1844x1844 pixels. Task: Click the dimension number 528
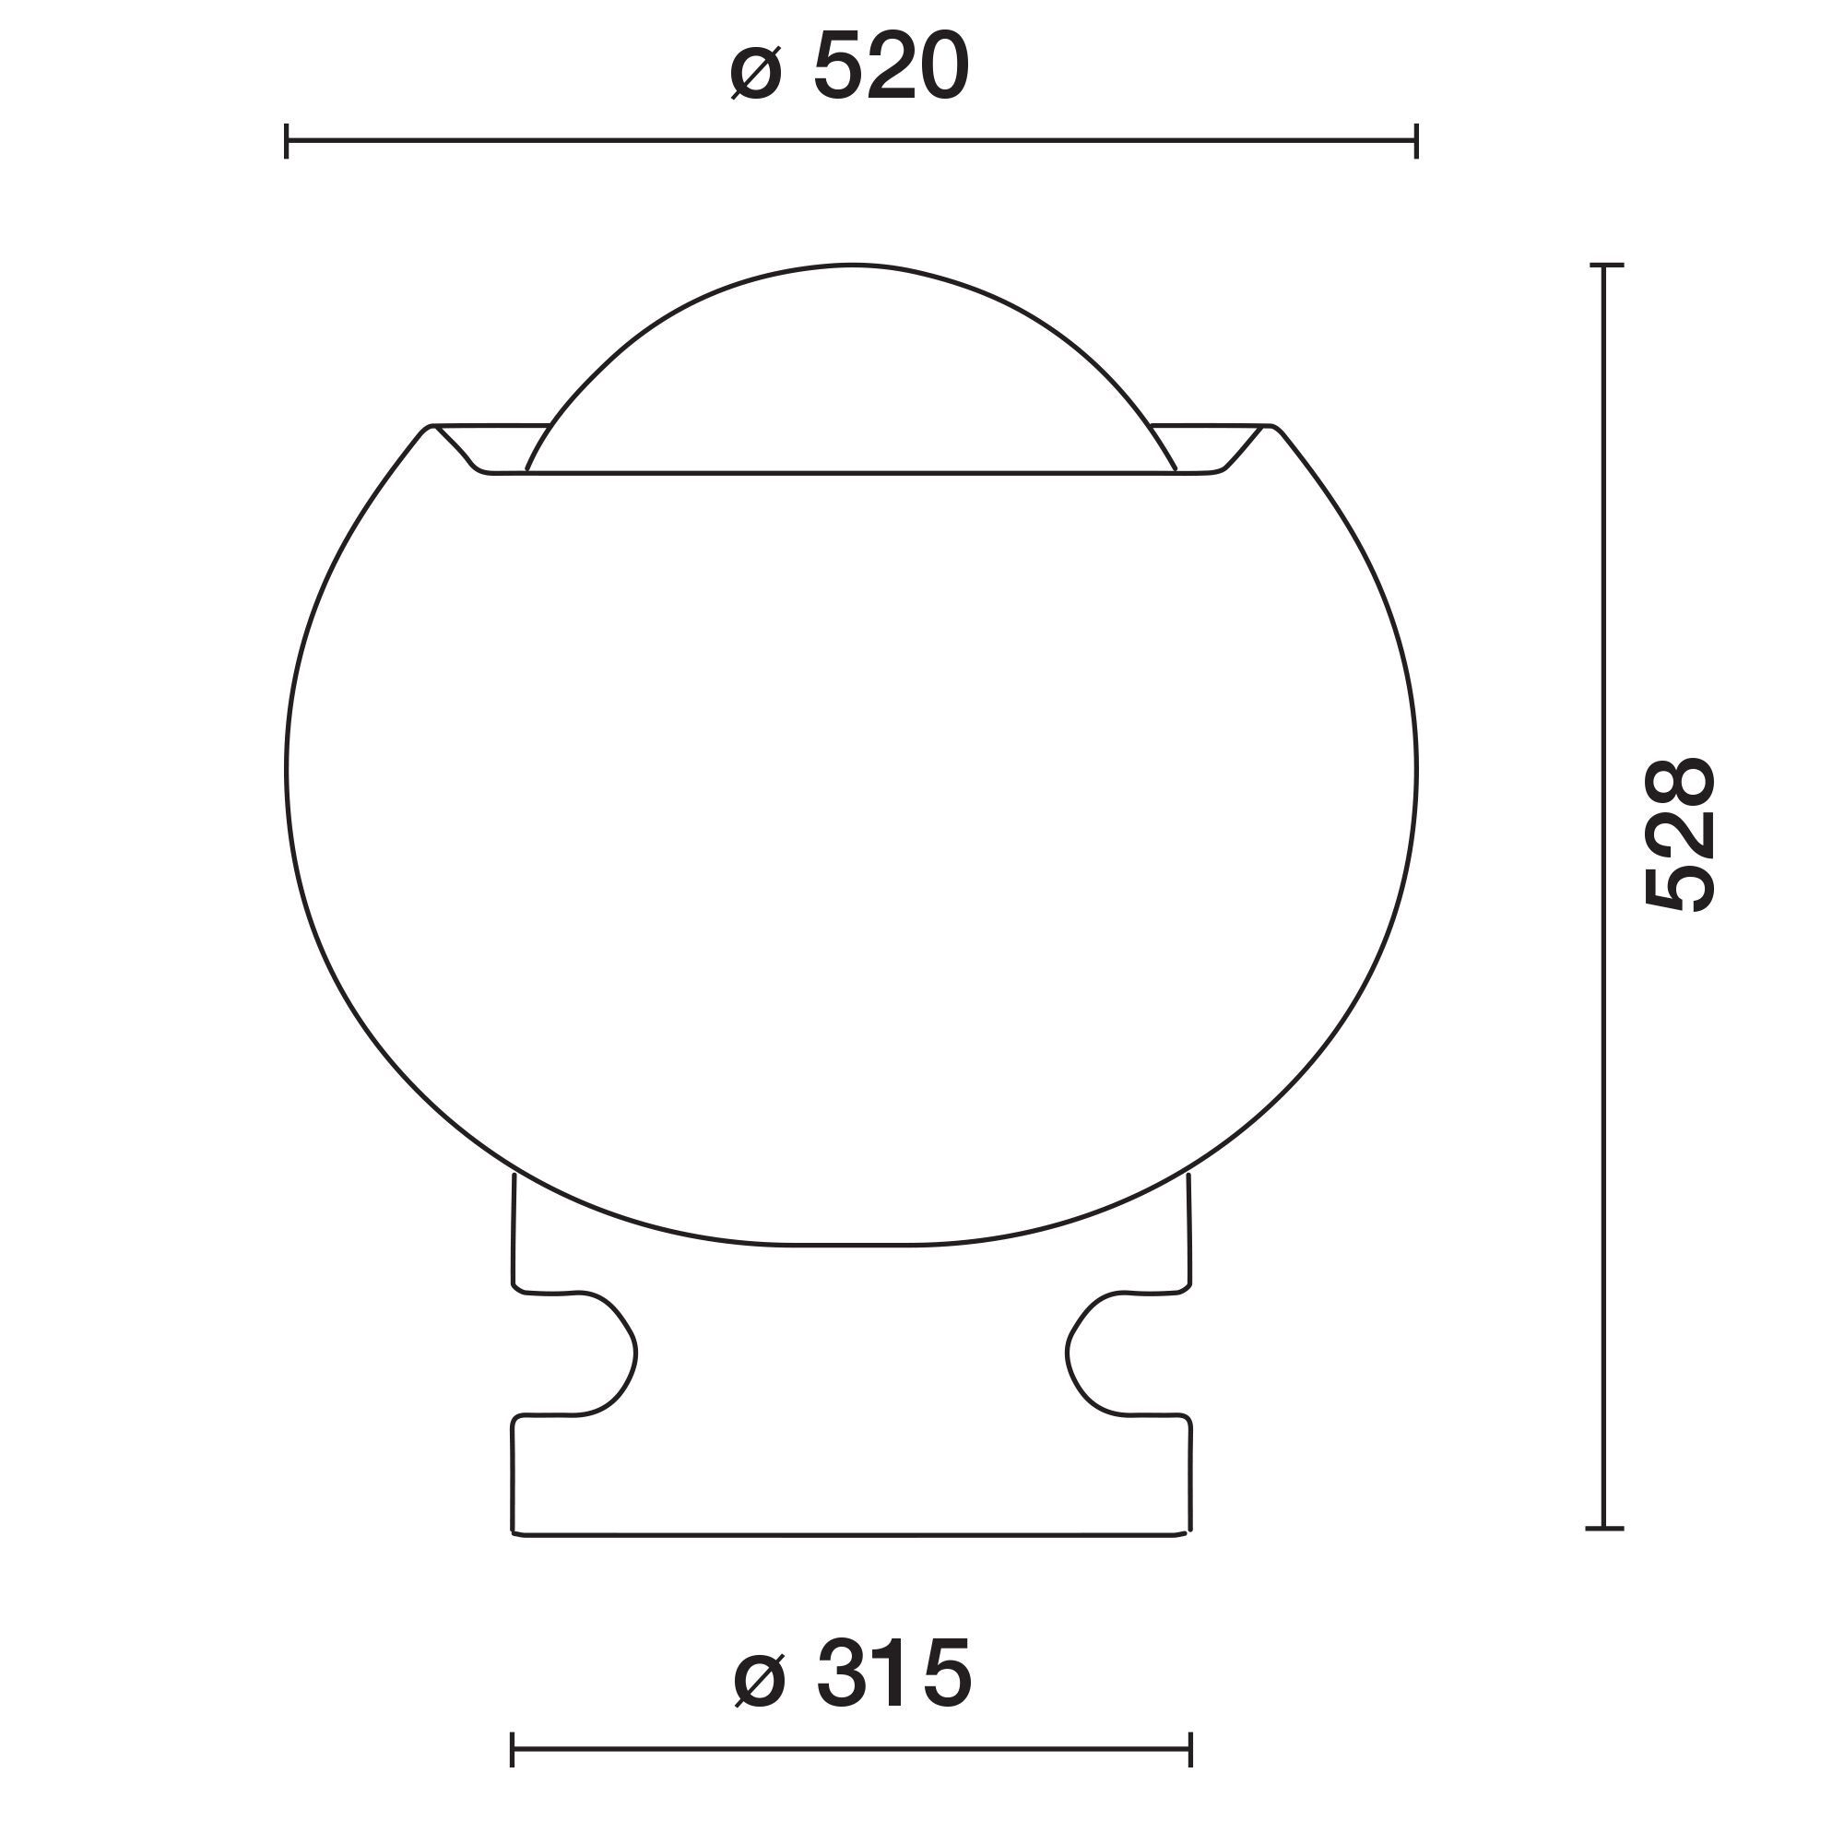(1681, 835)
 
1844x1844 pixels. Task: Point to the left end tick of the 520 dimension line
(287, 140)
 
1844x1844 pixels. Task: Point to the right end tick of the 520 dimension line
(1416, 140)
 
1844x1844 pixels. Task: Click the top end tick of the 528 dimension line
(1606, 265)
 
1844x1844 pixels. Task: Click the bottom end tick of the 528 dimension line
(1606, 1528)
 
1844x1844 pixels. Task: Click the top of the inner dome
(851, 265)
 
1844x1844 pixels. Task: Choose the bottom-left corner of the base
(514, 1534)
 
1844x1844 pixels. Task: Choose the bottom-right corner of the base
(1188, 1534)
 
